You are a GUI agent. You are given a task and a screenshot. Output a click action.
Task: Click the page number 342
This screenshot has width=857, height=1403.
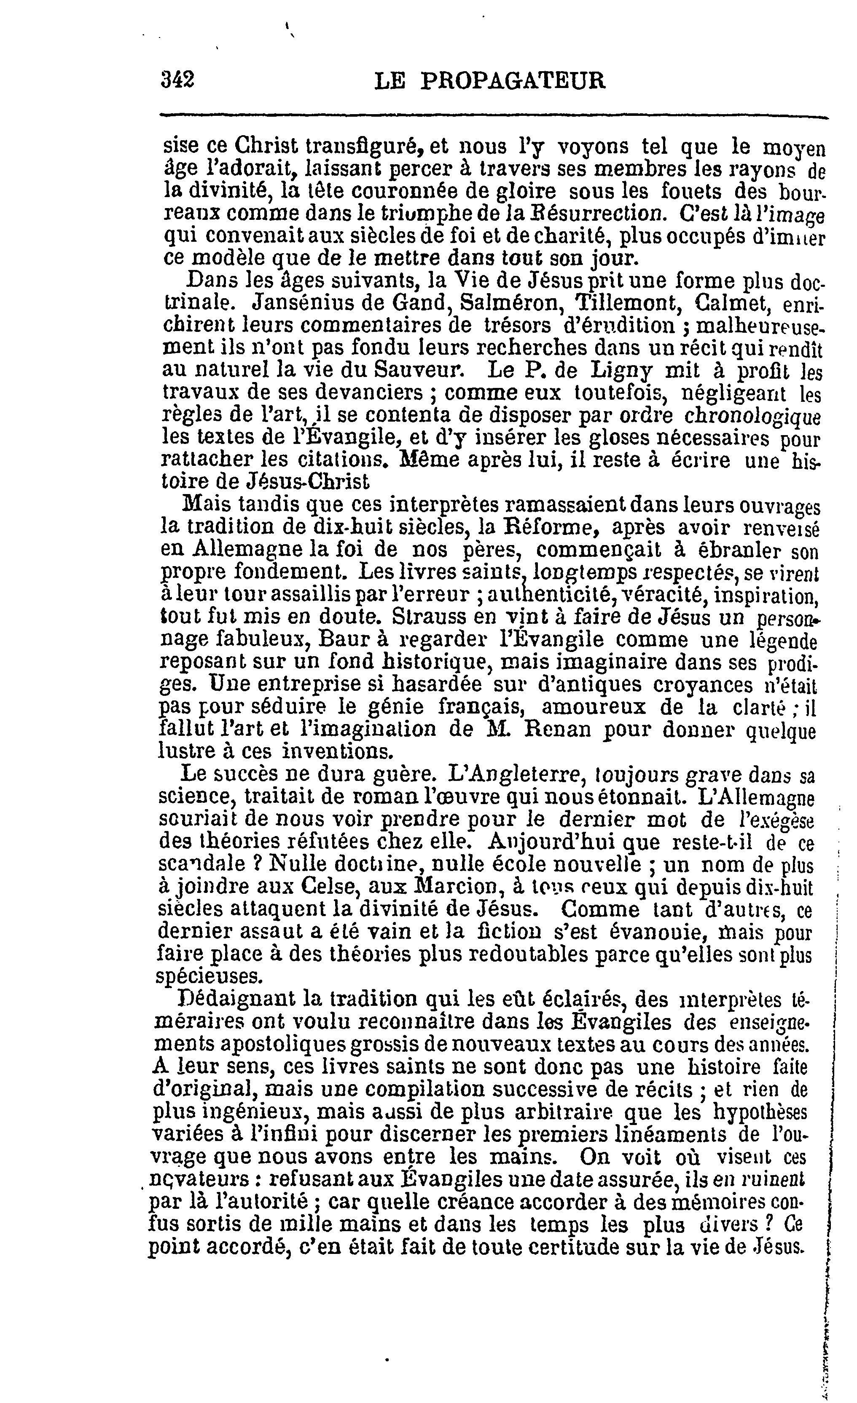178,80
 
